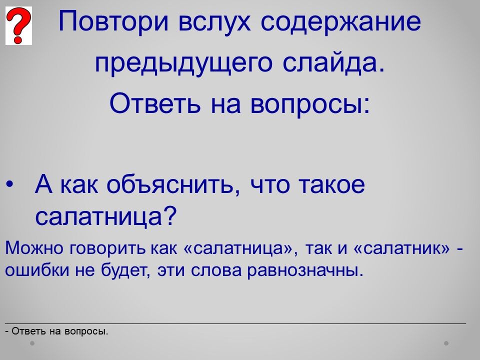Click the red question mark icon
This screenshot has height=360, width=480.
click(18, 25)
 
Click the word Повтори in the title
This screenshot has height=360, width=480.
click(113, 22)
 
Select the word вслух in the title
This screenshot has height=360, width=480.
click(214, 22)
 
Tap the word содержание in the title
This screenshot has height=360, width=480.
click(341, 22)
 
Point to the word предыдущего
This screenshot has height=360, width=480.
click(183, 63)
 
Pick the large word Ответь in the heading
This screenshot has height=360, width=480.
click(155, 103)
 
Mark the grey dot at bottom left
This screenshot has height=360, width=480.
click(32, 343)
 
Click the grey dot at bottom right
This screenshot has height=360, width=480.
click(446, 343)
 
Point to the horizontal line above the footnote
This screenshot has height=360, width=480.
click(235, 323)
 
